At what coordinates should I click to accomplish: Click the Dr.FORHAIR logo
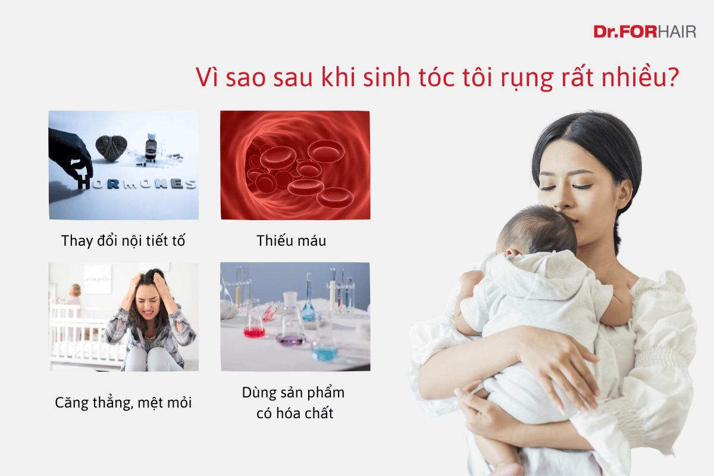[x=644, y=32]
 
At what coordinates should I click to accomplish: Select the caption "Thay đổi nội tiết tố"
[x=123, y=241]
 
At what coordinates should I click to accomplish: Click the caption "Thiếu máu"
[x=292, y=241]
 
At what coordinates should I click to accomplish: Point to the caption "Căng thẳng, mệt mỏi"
[x=123, y=403]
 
